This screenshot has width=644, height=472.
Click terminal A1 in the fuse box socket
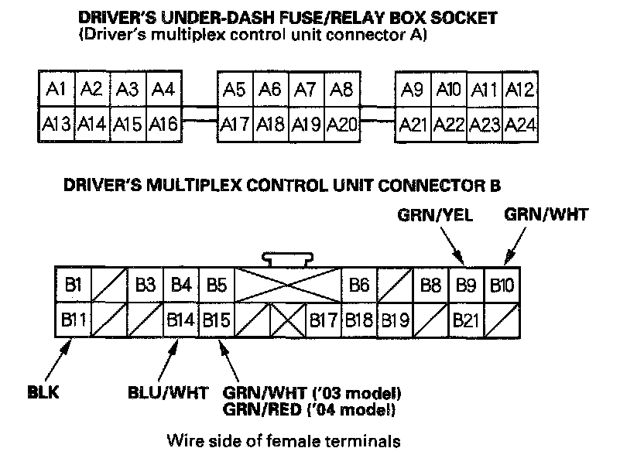[55, 90]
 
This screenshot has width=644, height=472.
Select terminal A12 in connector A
[520, 90]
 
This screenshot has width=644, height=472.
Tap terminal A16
[163, 124]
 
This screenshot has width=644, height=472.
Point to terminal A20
[341, 124]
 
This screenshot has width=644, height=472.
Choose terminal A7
[305, 90]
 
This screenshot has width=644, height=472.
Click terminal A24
[520, 124]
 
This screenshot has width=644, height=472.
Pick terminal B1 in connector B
[74, 285]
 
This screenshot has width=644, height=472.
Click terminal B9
[466, 285]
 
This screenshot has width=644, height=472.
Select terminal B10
[502, 285]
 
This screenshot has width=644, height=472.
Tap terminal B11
[74, 319]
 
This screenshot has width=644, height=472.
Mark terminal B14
[181, 319]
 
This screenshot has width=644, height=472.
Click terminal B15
[217, 319]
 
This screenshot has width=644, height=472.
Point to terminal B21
[466, 319]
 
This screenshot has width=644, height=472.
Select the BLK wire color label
[43, 393]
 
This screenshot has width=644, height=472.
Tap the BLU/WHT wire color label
[167, 393]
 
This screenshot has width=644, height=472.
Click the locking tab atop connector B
[288, 258]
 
